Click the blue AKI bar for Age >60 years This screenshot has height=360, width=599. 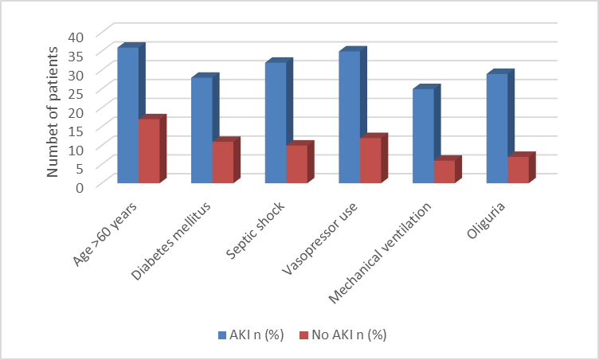pos(128,115)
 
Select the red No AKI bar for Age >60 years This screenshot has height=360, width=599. pos(150,151)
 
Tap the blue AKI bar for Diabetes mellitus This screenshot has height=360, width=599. pos(202,130)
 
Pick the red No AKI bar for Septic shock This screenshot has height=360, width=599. pos(297,163)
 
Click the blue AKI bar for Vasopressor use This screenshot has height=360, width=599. pos(350,116)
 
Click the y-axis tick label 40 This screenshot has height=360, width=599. pos(76,37)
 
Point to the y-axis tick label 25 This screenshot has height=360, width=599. pos(76,93)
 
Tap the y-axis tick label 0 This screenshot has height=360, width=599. pos(80,188)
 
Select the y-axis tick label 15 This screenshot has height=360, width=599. pos(76,131)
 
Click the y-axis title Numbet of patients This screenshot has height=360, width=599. pos(53,112)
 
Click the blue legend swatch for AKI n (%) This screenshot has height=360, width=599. pos(222,335)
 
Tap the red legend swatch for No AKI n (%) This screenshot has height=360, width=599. pos(303,335)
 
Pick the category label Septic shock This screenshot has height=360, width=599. pos(255,230)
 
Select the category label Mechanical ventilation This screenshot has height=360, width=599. pos(380,252)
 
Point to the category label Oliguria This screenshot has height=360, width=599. pos(486,220)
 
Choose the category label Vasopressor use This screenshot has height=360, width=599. pos(319,238)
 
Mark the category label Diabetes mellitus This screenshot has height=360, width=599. pos(170,241)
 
